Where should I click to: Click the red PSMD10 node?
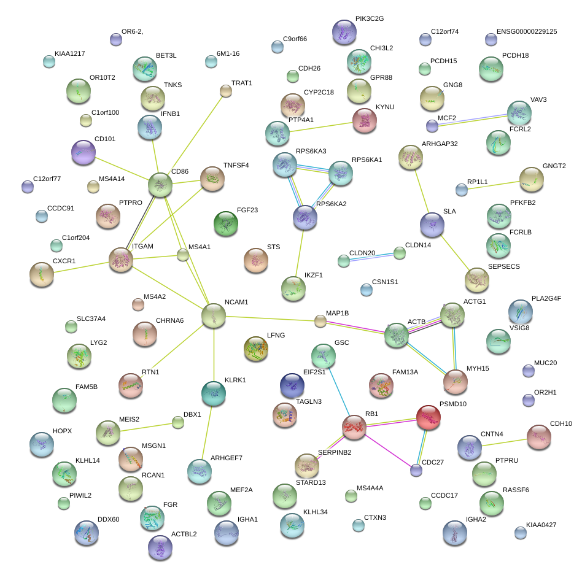click(429, 418)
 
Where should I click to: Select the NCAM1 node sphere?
click(214, 315)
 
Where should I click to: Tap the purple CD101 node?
click(83, 152)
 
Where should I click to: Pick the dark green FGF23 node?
click(225, 224)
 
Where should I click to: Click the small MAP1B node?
click(320, 320)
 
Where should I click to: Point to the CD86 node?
click(160, 184)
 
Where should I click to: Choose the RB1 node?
click(354, 426)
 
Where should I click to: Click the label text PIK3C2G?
click(369, 19)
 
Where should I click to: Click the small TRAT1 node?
click(225, 91)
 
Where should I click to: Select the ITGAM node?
click(120, 260)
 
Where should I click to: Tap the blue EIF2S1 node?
click(292, 385)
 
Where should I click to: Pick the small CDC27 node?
click(416, 471)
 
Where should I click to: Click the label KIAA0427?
click(541, 525)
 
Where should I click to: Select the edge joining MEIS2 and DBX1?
click(144, 427)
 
